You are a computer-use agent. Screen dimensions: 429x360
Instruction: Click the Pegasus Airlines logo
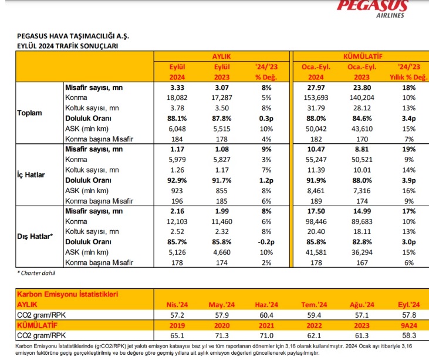[372, 8]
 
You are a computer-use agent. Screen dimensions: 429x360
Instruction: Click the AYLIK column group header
[222, 56]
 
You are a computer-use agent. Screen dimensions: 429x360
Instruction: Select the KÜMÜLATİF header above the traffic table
[363, 56]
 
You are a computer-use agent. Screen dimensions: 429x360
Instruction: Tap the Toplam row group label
[29, 113]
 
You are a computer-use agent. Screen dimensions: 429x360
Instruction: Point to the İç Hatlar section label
[31, 174]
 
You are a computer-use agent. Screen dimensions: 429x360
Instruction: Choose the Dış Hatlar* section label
[35, 236]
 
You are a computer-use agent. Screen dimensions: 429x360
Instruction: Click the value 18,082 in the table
[177, 97]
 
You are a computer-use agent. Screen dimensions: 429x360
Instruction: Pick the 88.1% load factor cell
[177, 119]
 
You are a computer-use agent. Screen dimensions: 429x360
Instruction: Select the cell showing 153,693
[316, 97]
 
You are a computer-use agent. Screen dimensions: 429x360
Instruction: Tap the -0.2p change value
[266, 242]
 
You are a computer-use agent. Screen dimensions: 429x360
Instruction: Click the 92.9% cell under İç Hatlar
[177, 180]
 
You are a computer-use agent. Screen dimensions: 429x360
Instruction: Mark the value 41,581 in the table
[316, 253]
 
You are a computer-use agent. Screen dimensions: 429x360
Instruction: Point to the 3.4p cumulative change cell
[409, 119]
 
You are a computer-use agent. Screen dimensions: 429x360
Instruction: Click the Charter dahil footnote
[36, 273]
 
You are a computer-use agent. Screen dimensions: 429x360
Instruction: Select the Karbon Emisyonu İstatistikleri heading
[67, 294]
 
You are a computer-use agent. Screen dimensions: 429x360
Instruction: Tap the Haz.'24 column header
[266, 305]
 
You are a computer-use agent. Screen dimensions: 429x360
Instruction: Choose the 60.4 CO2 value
[266, 315]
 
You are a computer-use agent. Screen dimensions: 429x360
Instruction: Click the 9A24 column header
[409, 325]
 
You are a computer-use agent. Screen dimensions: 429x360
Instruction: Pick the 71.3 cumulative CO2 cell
[222, 336]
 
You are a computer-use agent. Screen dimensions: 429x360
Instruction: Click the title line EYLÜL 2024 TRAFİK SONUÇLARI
[67, 46]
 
